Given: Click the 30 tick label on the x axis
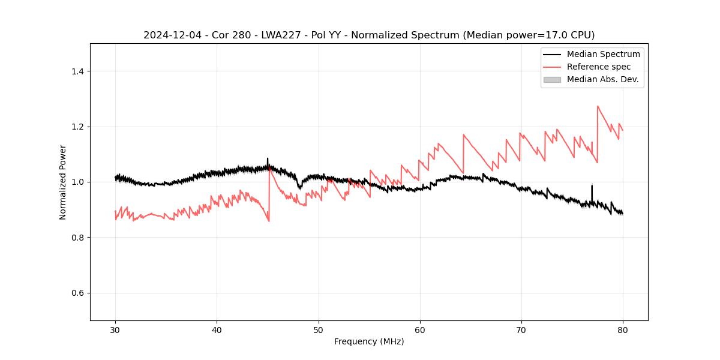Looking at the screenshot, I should click(x=115, y=329).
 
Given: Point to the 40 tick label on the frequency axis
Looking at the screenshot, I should click(x=217, y=329).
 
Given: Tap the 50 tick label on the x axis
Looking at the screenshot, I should click(x=319, y=329).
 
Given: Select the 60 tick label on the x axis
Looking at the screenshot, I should click(x=420, y=329).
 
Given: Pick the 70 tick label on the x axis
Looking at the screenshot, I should click(x=521, y=329).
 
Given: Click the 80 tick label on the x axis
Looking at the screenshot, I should click(x=623, y=329).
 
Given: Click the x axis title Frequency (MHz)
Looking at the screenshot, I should click(x=369, y=341).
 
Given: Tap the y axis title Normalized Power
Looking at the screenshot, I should click(x=63, y=182).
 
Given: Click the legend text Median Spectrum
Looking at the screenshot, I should click(x=603, y=54).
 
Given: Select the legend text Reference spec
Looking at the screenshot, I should click(x=599, y=67).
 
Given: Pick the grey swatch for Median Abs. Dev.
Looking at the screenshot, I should click(x=552, y=79).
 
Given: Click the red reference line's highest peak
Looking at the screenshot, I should click(x=598, y=106).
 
